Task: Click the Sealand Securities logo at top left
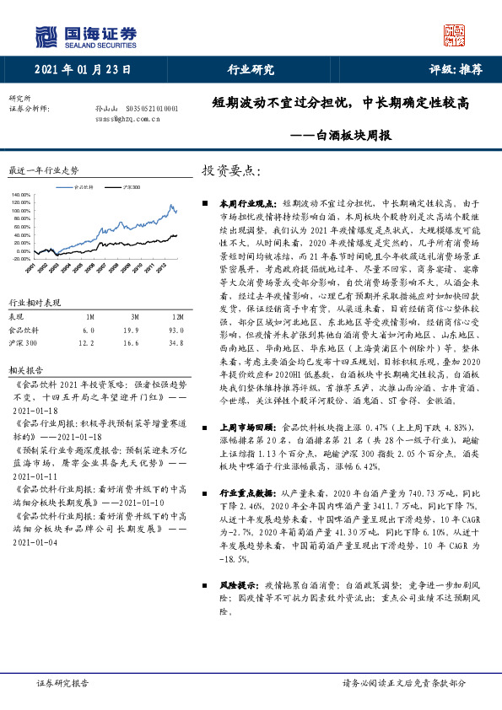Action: tap(85, 35)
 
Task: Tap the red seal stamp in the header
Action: tap(455, 35)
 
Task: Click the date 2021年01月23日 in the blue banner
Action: tap(84, 70)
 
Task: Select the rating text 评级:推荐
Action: tap(456, 70)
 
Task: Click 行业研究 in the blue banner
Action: tap(251, 70)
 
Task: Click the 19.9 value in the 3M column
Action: tap(130, 331)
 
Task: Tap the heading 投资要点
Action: tap(230, 170)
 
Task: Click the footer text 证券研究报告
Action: tap(63, 684)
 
